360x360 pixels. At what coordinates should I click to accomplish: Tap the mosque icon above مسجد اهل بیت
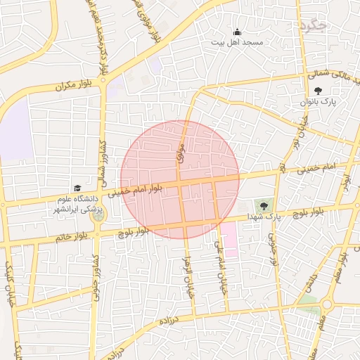pyautogui.click(x=237, y=32)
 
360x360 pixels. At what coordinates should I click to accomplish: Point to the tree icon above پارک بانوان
pyautogui.click(x=319, y=91)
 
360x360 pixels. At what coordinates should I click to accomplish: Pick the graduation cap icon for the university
pyautogui.click(x=77, y=188)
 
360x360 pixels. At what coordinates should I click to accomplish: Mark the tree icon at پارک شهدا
pyautogui.click(x=264, y=206)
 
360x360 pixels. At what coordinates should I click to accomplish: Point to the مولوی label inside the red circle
pyautogui.click(x=181, y=153)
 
